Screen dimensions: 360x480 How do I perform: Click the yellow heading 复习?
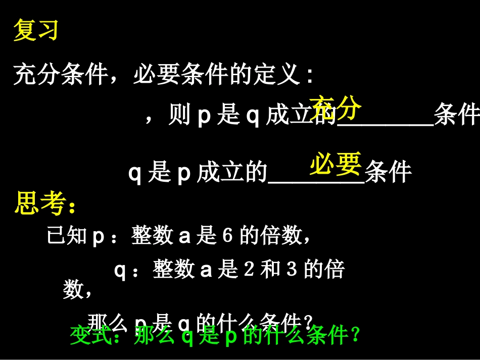[36, 30]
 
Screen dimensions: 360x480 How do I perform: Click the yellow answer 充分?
[336, 108]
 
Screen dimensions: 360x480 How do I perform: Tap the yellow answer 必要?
[336, 164]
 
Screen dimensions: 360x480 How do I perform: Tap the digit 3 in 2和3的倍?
[292, 269]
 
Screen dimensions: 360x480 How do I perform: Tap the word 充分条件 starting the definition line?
[61, 75]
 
